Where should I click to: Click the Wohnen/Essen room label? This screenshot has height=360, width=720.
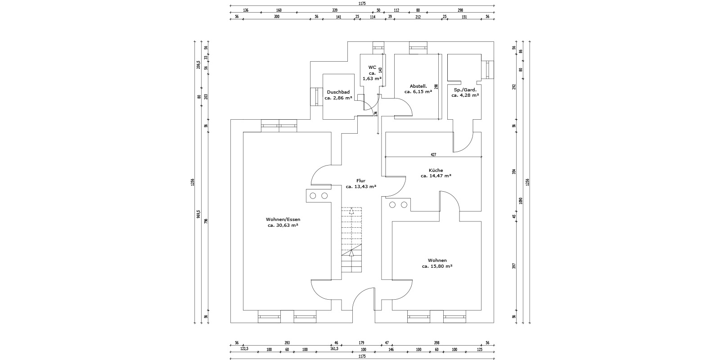(x=283, y=220)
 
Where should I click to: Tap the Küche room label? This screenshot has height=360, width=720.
(x=436, y=171)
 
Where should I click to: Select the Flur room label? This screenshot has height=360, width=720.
(x=360, y=180)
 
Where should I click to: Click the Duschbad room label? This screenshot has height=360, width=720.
(x=338, y=92)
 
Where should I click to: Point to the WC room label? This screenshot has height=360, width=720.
(x=372, y=67)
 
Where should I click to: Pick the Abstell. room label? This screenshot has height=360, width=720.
(x=418, y=86)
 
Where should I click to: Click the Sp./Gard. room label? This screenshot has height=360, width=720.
(x=465, y=90)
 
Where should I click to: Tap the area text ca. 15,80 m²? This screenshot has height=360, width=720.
(x=437, y=266)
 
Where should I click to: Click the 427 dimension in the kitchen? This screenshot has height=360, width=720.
(x=433, y=154)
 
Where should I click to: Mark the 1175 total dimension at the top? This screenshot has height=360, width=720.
(x=362, y=3)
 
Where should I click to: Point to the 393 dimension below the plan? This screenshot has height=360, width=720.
(x=287, y=343)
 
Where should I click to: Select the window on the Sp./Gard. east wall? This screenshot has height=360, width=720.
(x=488, y=70)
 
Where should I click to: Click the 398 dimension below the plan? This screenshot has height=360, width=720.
(x=436, y=343)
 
